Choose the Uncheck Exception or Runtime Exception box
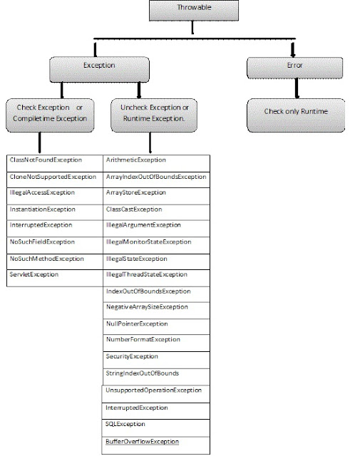(x=155, y=112)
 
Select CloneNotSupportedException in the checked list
(x=53, y=176)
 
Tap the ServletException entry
(x=35, y=274)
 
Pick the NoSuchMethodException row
(x=47, y=258)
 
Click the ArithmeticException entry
(x=135, y=160)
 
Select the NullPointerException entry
(x=137, y=323)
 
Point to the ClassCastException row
(x=134, y=209)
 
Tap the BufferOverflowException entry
(x=142, y=442)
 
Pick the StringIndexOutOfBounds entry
(x=142, y=373)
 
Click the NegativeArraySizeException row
(x=147, y=307)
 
